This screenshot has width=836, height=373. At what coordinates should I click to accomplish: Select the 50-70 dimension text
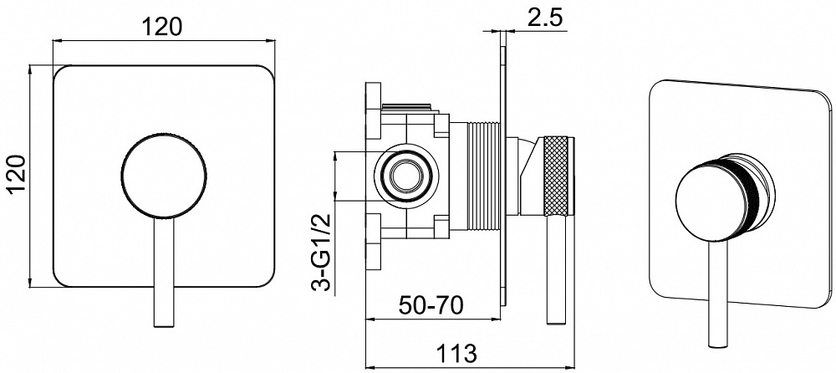pos(431,306)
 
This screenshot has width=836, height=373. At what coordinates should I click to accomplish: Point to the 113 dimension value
pos(456,353)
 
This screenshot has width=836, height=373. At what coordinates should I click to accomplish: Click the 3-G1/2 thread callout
pos(322,253)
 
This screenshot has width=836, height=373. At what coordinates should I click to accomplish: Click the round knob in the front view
pos(164,175)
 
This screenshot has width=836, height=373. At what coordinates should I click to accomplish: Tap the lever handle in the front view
pos(164,272)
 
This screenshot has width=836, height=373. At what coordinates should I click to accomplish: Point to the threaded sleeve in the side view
pos(484,176)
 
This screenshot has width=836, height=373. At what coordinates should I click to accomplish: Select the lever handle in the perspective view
pos(718,294)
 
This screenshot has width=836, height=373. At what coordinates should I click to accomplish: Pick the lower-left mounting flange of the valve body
pos(373,241)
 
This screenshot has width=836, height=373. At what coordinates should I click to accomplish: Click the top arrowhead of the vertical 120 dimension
pos(31,69)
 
